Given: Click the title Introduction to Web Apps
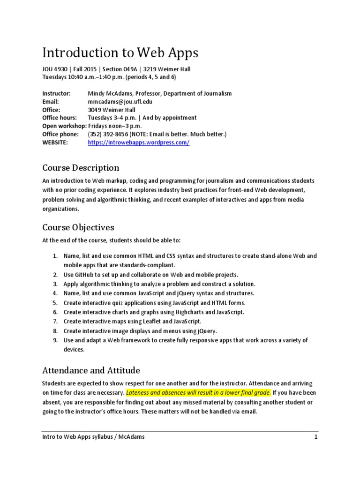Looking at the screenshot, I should point(120,53).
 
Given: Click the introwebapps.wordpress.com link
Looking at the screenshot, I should point(139,142).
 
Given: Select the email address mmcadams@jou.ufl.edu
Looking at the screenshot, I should point(120,101).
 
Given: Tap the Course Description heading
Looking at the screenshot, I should point(81,168).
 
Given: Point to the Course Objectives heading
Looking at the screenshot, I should point(78,227).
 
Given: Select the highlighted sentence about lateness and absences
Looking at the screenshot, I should point(199,392).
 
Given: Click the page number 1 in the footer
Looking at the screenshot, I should point(316,437).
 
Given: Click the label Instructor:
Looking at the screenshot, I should point(56,93).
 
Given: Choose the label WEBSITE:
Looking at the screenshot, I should point(55,142).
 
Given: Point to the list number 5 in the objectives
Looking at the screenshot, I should point(55,303).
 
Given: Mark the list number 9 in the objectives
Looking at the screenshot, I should point(55,340).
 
